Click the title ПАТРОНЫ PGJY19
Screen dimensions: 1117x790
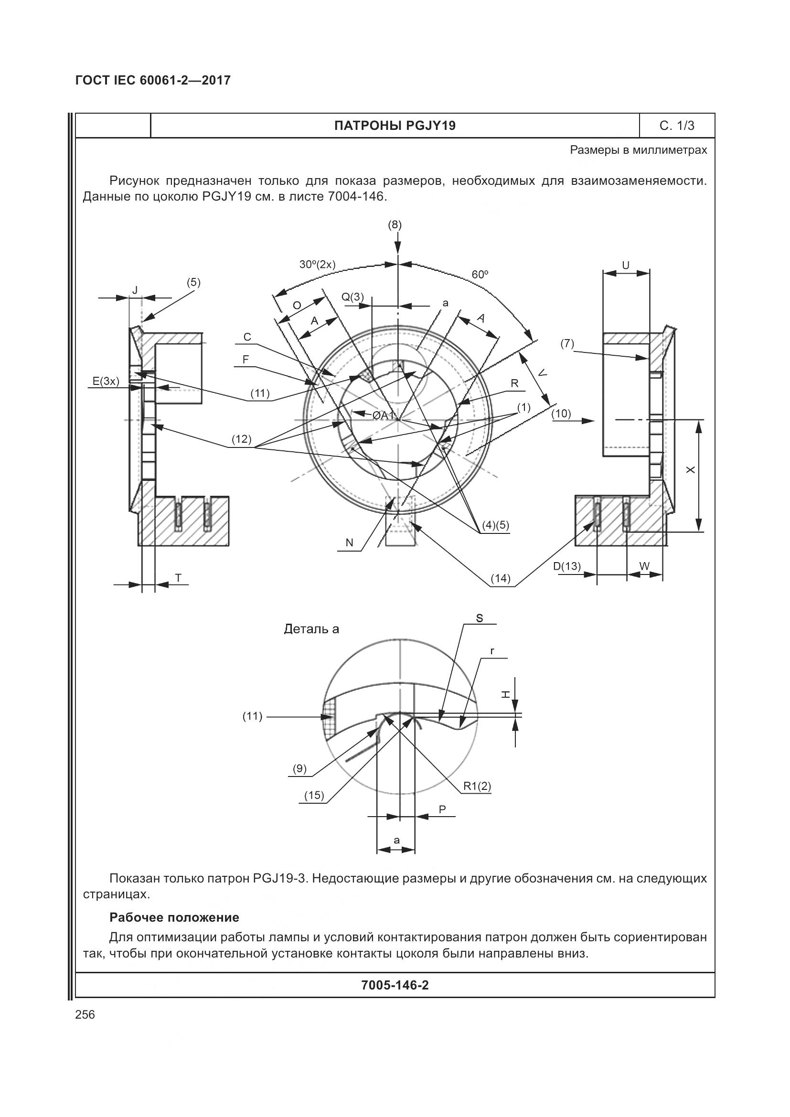click(395, 126)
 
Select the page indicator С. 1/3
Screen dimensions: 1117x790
click(677, 126)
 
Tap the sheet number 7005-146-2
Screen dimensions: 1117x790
click(395, 985)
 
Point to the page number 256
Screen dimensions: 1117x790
click(85, 1015)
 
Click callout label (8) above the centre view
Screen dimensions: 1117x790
click(395, 225)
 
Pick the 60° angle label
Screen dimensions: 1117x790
click(480, 275)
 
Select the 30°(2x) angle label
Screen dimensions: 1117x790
click(317, 265)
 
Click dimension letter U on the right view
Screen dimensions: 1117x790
click(626, 266)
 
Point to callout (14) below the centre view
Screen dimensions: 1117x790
click(500, 578)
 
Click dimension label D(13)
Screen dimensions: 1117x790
click(567, 566)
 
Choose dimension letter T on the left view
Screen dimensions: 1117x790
click(178, 577)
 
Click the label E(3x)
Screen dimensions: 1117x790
click(106, 381)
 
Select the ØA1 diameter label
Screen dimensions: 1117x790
click(383, 415)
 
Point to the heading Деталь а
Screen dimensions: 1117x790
click(311, 629)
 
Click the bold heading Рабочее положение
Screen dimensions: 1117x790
click(174, 917)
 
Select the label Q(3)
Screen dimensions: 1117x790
click(352, 297)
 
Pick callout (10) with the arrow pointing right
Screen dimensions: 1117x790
click(561, 414)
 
